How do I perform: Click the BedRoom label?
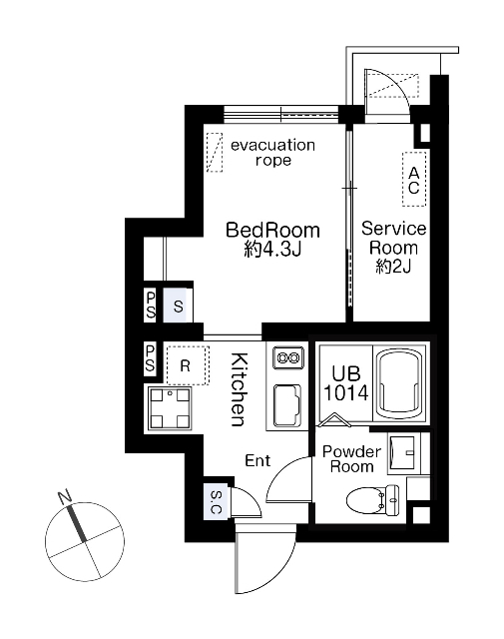272,231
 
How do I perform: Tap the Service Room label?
393,238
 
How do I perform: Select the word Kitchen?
239,389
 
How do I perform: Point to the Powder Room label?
351,459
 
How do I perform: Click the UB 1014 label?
346,383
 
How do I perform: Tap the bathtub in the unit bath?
399,383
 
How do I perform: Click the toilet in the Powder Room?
372,499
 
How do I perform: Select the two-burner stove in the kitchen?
288,357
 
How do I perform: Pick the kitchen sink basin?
286,405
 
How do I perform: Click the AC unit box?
414,180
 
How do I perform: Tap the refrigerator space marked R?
188,365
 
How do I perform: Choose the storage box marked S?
178,306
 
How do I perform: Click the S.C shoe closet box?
216,502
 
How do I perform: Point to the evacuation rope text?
273,153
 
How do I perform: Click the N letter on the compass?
65,497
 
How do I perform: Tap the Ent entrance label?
257,460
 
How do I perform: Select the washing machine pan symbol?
171,408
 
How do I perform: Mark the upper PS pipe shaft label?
150,304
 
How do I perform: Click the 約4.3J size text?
272,249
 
